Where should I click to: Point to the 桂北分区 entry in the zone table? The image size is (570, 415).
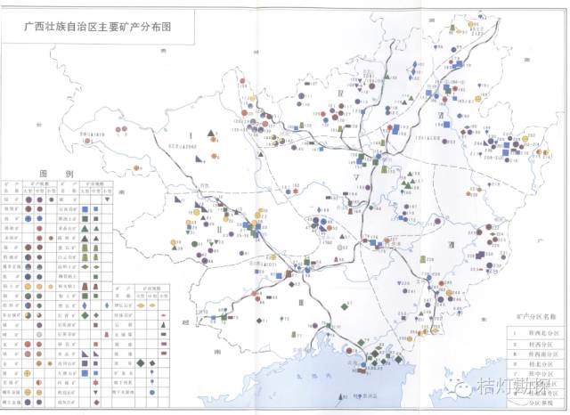(533, 366)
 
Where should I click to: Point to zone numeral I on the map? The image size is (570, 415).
(191, 134)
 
